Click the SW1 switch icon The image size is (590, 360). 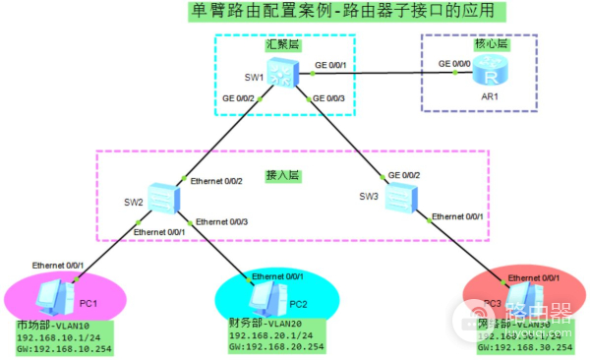[284, 74]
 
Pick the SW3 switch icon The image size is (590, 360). [398, 200]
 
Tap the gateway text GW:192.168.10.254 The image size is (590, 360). [66, 348]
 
